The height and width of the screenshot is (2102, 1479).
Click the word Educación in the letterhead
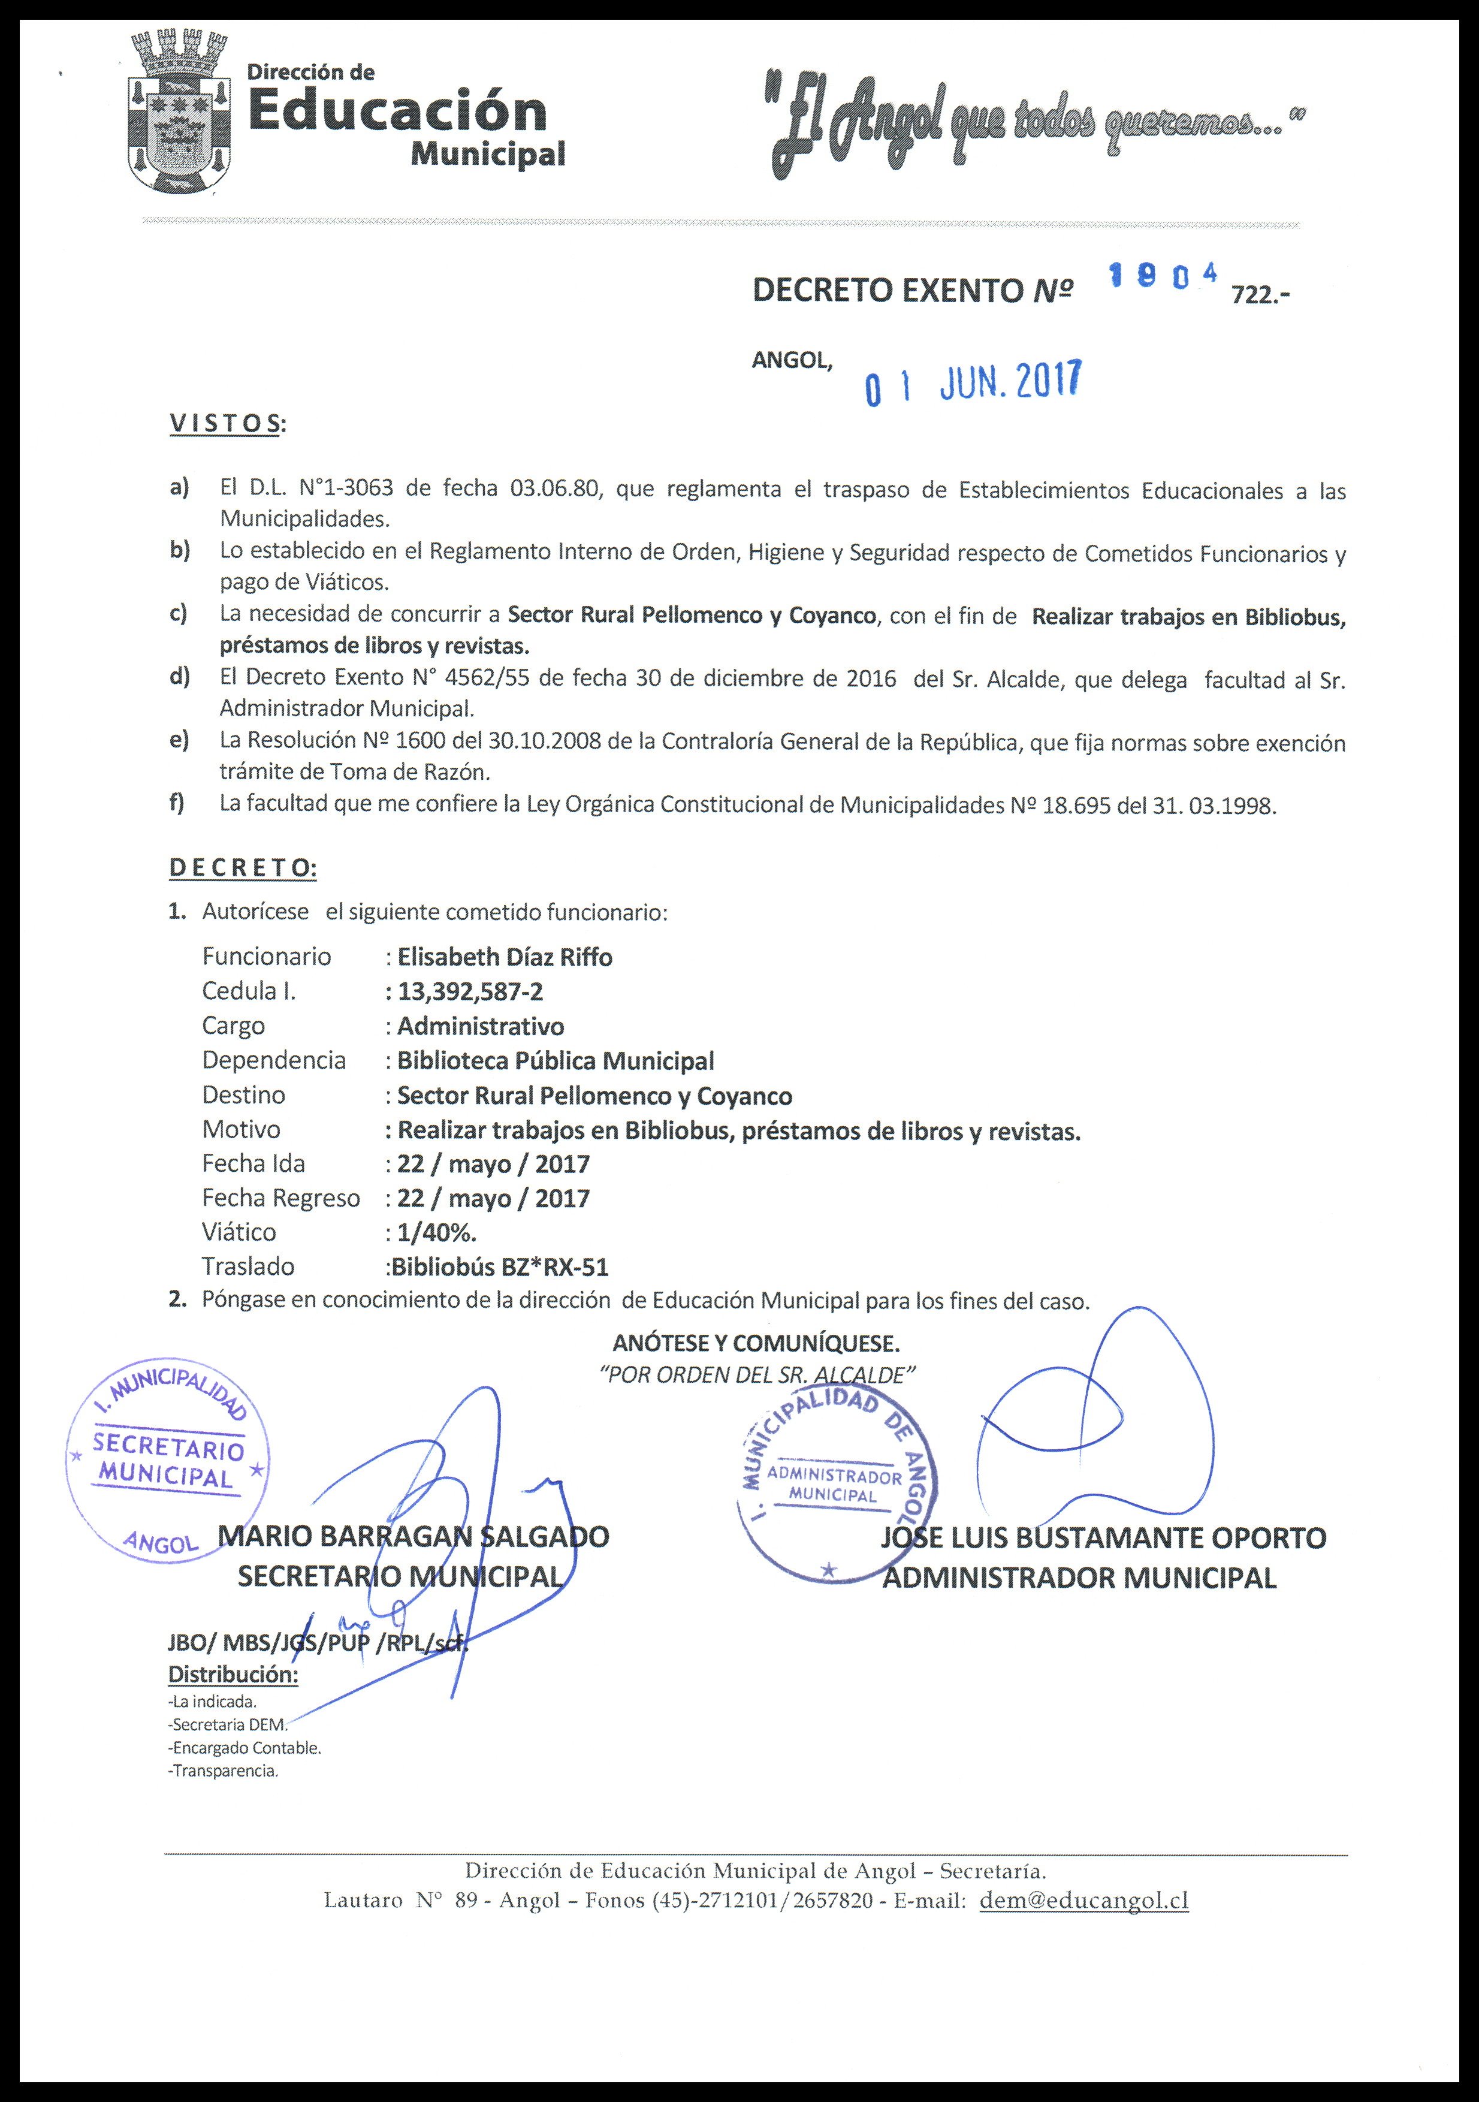pos(397,111)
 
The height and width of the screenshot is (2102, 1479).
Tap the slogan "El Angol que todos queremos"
pos(1035,125)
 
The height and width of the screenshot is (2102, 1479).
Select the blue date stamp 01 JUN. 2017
pos(973,381)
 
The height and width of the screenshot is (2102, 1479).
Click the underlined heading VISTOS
pos(226,424)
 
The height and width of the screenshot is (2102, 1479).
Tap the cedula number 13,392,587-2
pos(469,991)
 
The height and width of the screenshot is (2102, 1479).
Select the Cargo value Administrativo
pos(481,1026)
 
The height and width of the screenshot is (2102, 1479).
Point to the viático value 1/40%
pos(436,1232)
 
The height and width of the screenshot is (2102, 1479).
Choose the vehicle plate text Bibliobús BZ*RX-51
pos(499,1267)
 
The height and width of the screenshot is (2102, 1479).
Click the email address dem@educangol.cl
pos(1083,1899)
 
